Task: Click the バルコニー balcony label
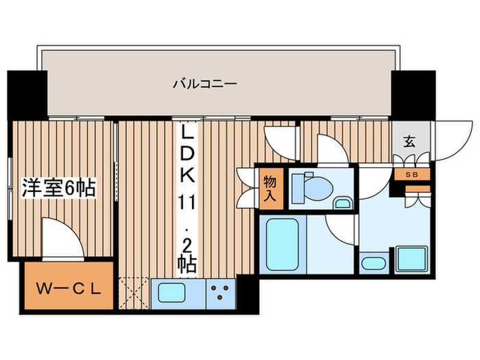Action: coord(204,84)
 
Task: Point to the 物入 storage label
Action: coord(270,188)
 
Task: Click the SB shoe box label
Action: coord(412,174)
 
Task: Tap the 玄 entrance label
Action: coord(409,142)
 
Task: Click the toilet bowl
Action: coord(311,186)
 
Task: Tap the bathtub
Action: coord(282,245)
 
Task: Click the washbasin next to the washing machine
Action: coord(374,262)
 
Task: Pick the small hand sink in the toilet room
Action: coord(344,202)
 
